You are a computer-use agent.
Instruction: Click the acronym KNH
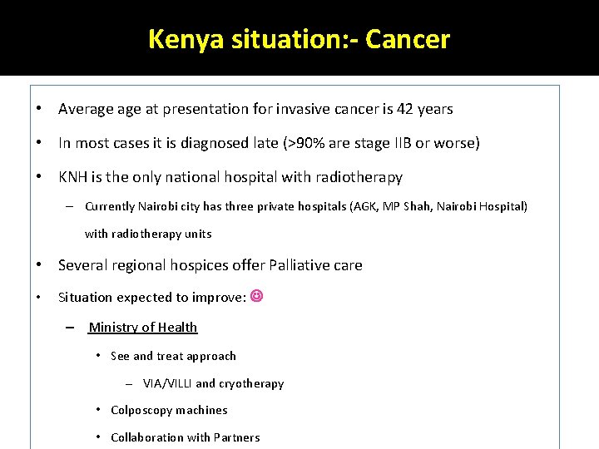click(74, 177)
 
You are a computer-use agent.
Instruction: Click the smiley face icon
click(256, 296)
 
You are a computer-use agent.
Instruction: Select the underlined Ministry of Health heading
click(143, 327)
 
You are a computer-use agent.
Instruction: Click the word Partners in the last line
click(236, 437)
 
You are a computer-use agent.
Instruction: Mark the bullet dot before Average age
click(39, 109)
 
